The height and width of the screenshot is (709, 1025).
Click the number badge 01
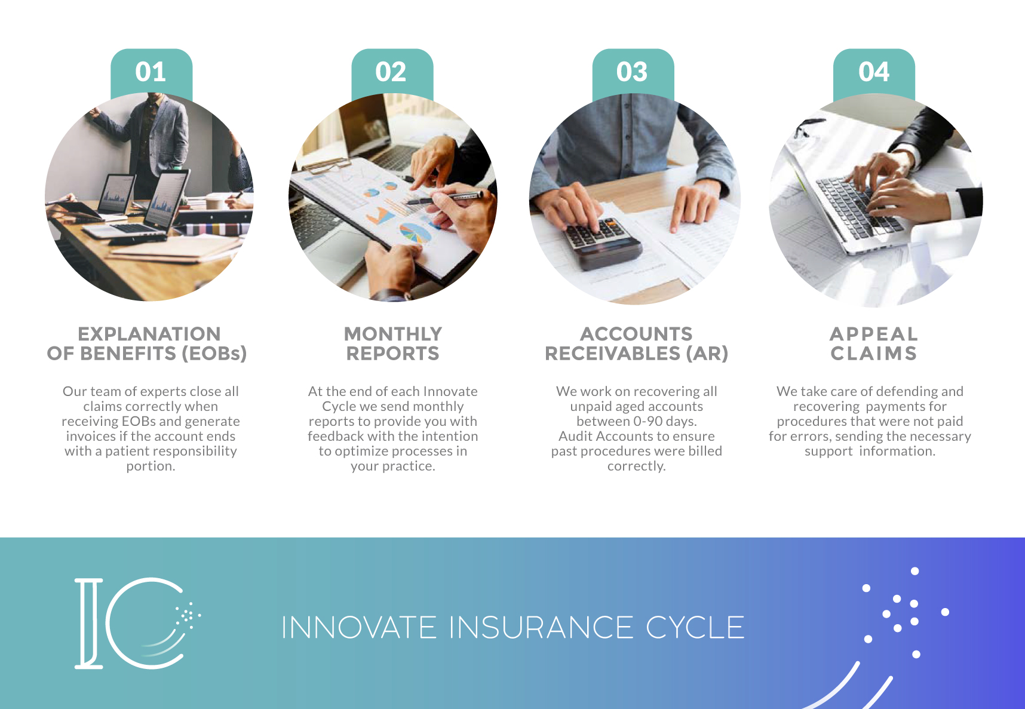click(x=151, y=72)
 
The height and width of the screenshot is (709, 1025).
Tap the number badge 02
click(x=391, y=72)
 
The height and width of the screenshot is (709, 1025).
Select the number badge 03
click(x=632, y=72)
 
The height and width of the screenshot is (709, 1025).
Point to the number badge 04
click(x=874, y=72)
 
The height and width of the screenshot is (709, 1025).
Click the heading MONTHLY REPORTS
click(x=392, y=343)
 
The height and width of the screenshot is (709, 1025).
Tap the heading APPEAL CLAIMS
click(x=873, y=343)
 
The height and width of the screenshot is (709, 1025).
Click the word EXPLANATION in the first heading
click(x=149, y=334)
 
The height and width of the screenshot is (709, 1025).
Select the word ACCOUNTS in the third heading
click(x=636, y=334)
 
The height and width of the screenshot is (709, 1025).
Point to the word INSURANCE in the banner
click(x=541, y=628)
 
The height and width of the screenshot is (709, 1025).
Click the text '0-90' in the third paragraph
click(x=647, y=421)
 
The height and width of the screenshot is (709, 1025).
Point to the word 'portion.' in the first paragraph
click(x=151, y=466)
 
